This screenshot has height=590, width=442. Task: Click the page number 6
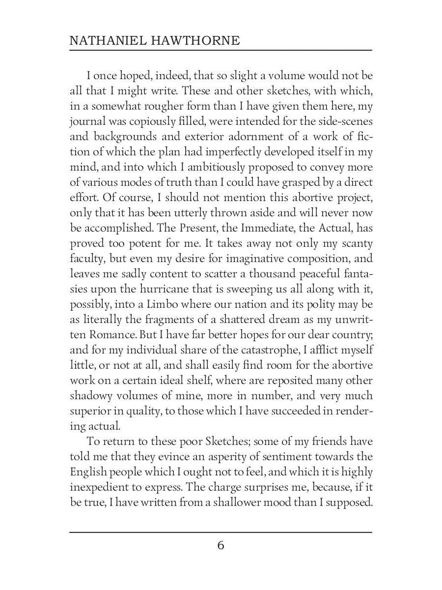221,545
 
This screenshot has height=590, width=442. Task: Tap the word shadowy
91,396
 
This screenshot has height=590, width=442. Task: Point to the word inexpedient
101,487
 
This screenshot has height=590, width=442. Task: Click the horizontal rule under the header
221,50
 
